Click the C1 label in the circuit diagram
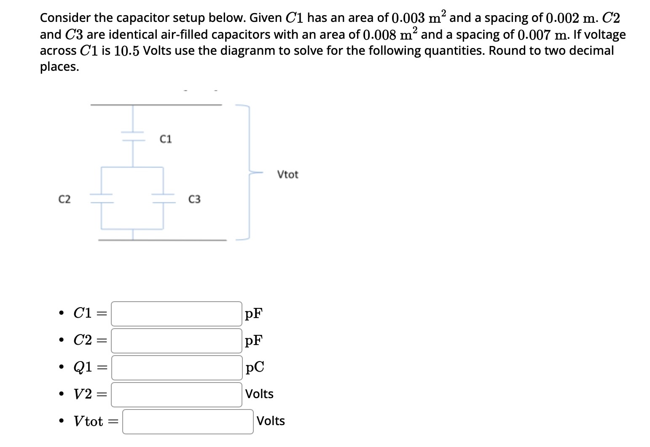pos(166,139)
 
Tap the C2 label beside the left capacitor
pos(64,199)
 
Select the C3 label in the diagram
pos(194,199)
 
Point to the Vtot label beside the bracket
pos(287,174)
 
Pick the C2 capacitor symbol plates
pos(101,198)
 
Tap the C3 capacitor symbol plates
pos(164,198)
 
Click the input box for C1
pos(176,313)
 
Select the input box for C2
pos(176,340)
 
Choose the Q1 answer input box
pos(176,367)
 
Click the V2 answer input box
pos(176,394)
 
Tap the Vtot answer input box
pos(188,421)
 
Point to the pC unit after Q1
pos(255,367)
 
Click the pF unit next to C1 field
pos(254,313)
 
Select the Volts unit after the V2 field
pos(259,394)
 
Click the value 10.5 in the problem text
pos(126,51)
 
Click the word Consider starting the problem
pos(65,18)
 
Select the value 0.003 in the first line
pos(408,18)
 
